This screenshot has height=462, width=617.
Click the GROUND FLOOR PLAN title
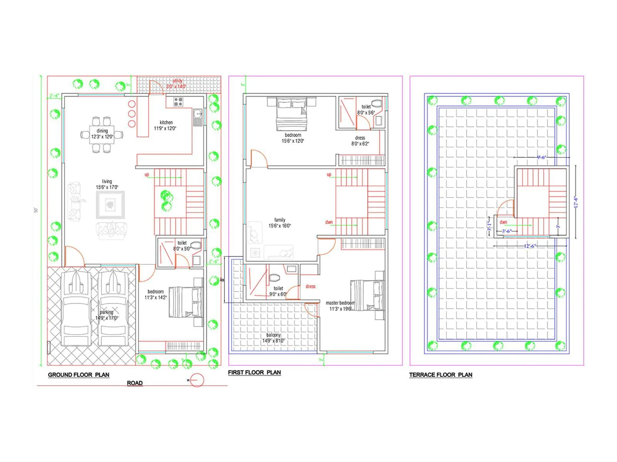pyautogui.click(x=79, y=375)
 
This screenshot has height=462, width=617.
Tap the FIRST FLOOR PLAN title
pyautogui.click(x=254, y=372)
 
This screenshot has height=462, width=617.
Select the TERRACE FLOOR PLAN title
pyautogui.click(x=440, y=375)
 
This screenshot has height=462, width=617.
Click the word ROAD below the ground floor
pyautogui.click(x=135, y=383)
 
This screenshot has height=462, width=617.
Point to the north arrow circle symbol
pyautogui.click(x=197, y=380)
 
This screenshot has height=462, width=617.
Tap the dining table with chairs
pyautogui.click(x=102, y=134)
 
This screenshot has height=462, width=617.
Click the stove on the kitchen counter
pyautogui.click(x=178, y=102)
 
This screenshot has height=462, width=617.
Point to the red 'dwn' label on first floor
pyautogui.click(x=329, y=222)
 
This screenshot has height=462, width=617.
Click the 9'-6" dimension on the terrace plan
pyautogui.click(x=541, y=157)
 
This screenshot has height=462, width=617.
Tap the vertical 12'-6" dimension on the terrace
pyautogui.click(x=575, y=202)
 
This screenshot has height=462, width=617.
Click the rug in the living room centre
pyautogui.click(x=111, y=204)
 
